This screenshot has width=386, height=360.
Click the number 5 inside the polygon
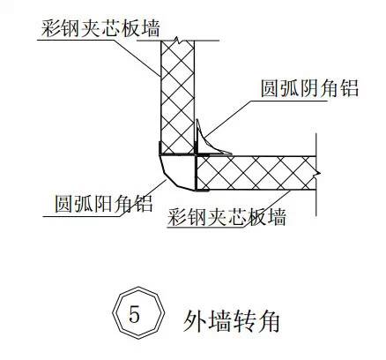coord(134,314)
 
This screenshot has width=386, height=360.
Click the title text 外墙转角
coord(232,321)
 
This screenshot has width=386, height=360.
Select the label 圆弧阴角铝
coord(309,88)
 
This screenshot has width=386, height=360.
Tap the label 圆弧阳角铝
coord(104,203)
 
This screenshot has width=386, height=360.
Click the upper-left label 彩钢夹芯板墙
coord(100,27)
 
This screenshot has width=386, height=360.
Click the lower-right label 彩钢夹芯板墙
coord(226,217)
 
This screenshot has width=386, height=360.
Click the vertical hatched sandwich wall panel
coord(177,97)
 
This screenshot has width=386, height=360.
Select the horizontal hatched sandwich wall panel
coord(256,173)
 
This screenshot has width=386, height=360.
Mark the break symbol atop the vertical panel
coord(177,41)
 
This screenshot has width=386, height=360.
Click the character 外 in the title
coord(194,321)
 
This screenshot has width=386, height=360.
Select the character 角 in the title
coord(269,321)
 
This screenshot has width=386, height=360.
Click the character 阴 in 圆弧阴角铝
coord(309,88)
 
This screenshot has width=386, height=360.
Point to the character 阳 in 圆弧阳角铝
coord(104,203)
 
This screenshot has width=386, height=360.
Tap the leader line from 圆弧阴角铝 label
coord(228,119)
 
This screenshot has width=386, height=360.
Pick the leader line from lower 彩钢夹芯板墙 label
coord(267,208)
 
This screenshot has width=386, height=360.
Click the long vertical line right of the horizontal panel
coord(315,175)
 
